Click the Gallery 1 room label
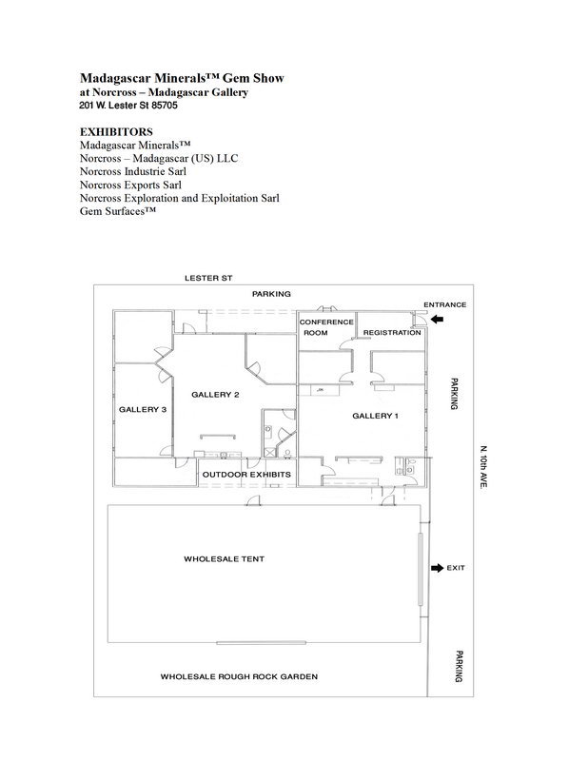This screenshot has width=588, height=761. pos(375,416)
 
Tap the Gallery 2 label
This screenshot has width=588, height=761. pos(215,395)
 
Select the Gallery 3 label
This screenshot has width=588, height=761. pos(143,410)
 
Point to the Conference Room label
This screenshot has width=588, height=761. pos(326,327)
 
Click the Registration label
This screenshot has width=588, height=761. pos(392,332)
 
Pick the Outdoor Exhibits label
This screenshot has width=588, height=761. pos(246,474)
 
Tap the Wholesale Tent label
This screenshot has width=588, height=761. pos(224,559)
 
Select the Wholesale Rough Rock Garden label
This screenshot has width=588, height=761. pos(239,676)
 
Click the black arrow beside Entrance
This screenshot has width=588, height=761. pos(437,319)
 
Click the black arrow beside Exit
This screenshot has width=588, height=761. pos(437,568)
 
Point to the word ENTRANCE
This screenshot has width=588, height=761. pos(444,304)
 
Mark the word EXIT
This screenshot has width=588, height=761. pos(456,568)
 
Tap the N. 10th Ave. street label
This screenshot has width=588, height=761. pos(483,467)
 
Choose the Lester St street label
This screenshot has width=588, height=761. pos(208,278)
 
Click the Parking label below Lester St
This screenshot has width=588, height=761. pos(271,294)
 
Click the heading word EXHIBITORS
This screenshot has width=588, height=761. pos(116,132)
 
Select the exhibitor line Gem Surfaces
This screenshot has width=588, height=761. pos(118,211)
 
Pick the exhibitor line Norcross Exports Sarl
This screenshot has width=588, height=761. pos(130,185)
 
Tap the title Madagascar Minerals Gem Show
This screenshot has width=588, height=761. pos(182,78)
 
